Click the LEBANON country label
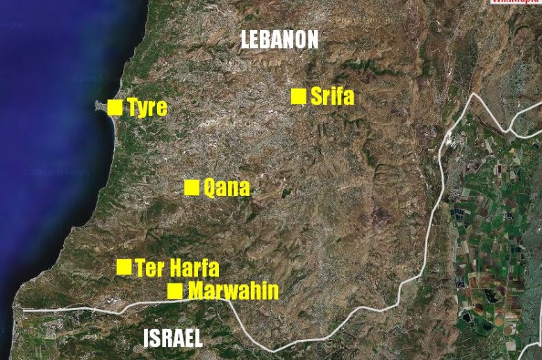point(279,39)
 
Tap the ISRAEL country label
point(173,338)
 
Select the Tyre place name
point(147,108)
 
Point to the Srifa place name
point(332,97)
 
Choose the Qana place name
point(226,188)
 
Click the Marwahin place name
point(233,291)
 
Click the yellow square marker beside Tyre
point(115,107)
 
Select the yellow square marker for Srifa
point(299,97)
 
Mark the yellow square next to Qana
point(192,188)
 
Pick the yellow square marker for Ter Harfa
point(124,267)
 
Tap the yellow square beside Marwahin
point(175,291)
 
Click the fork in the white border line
point(509,129)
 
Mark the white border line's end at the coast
point(23,309)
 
